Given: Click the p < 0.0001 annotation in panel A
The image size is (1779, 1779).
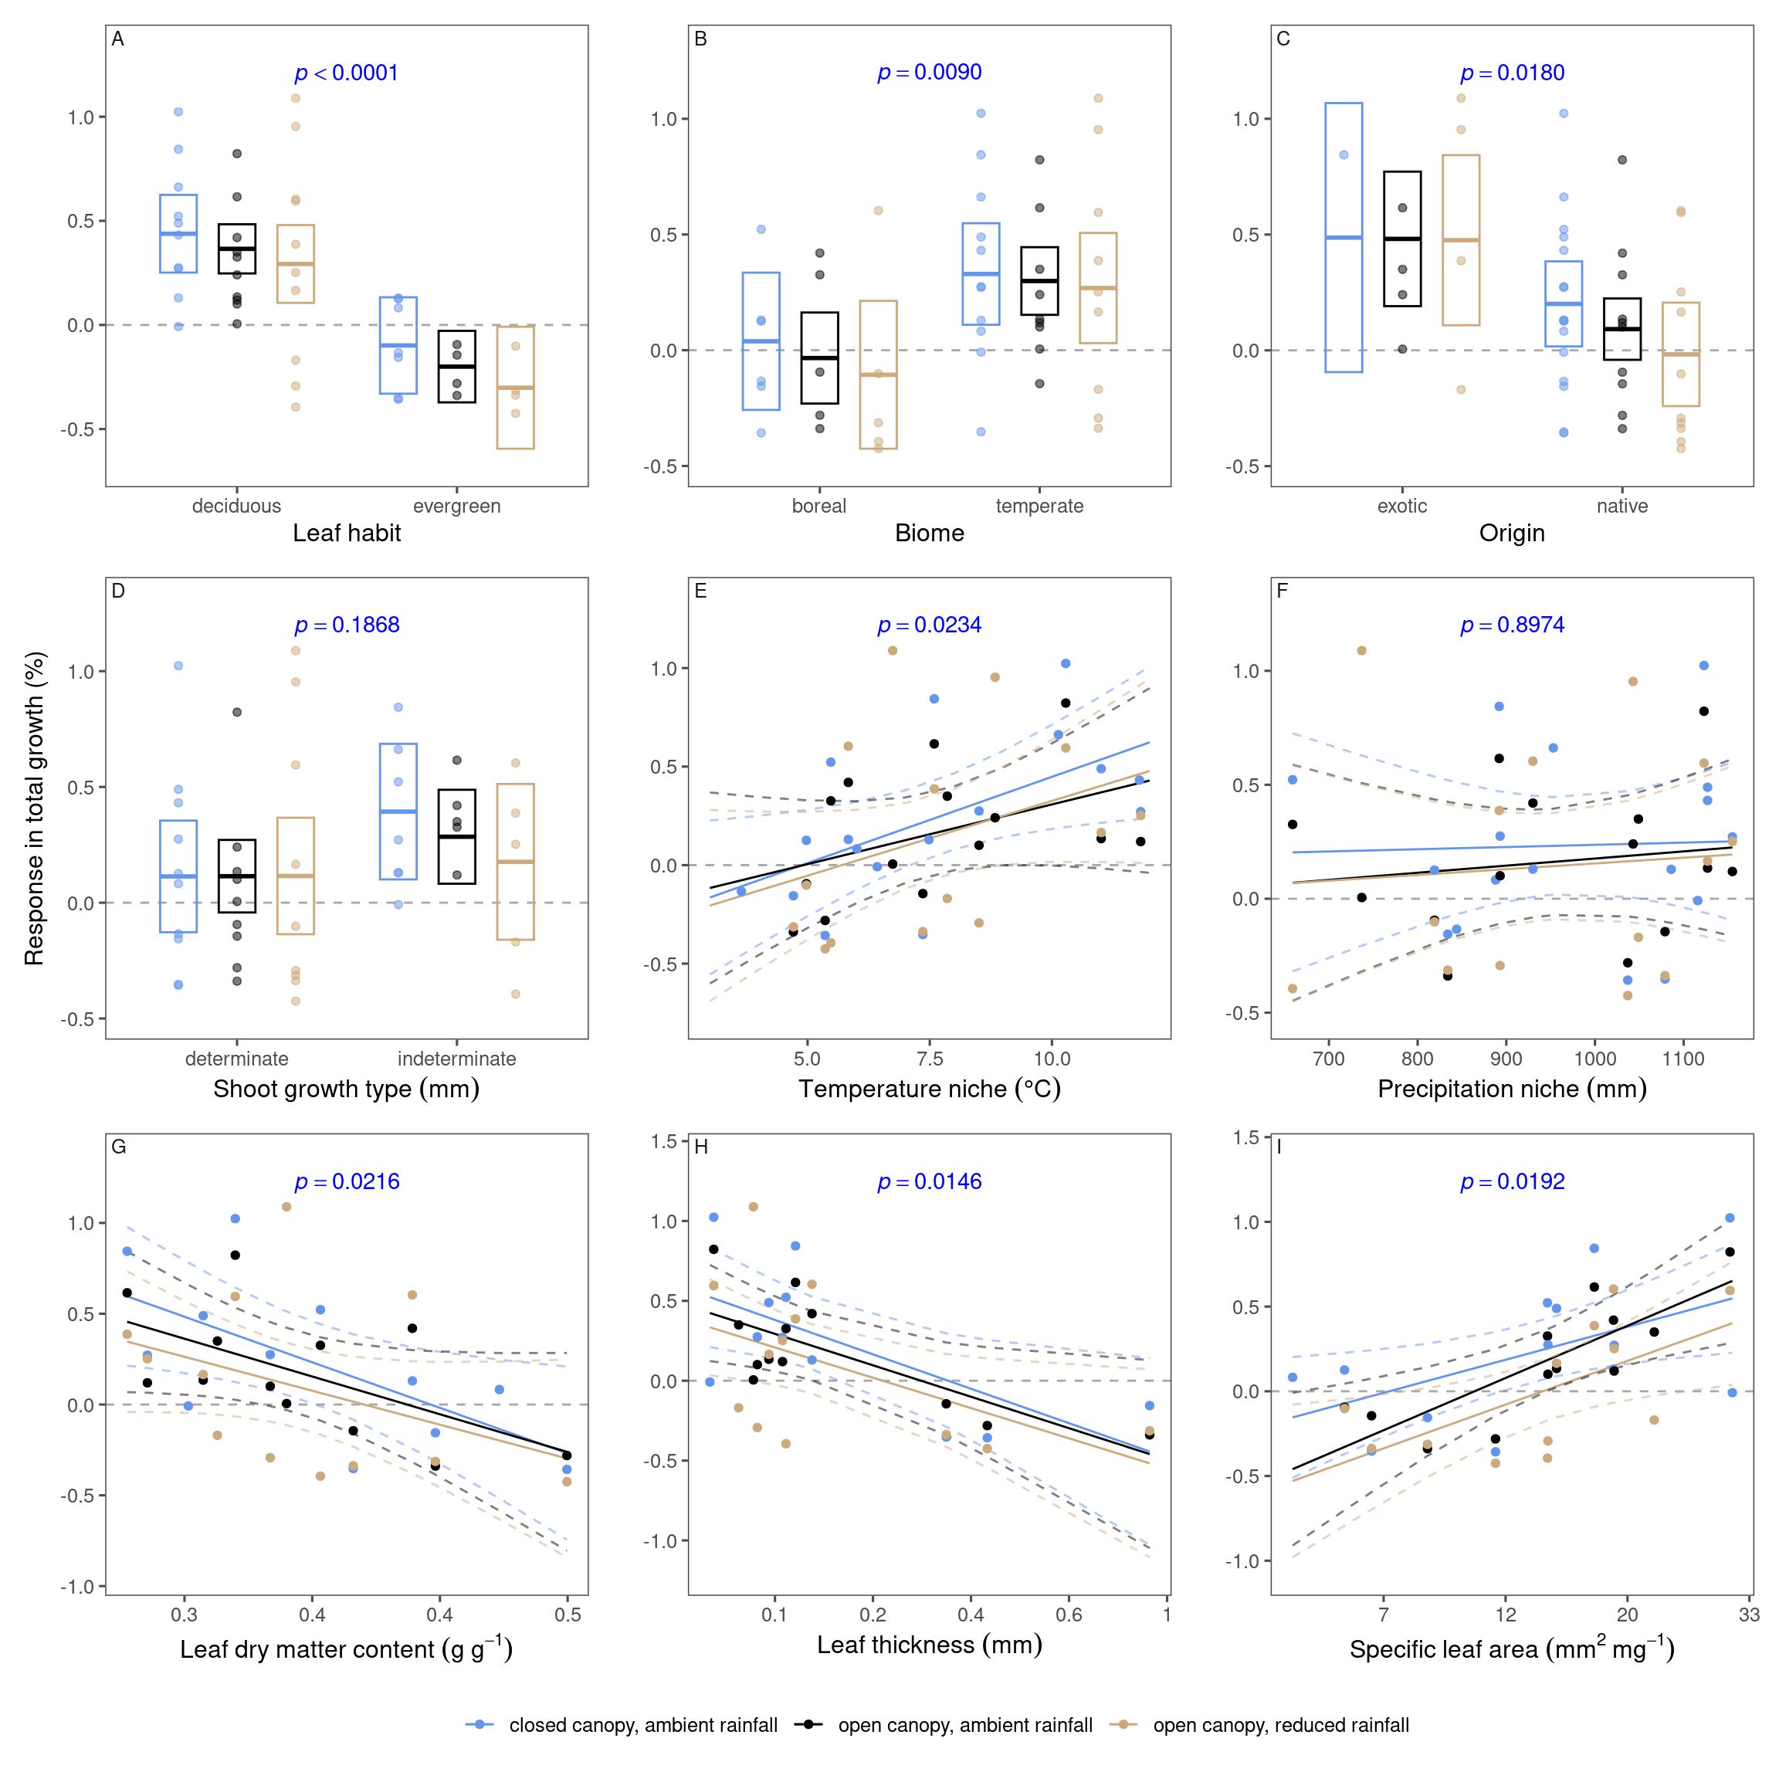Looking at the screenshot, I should pos(346,73).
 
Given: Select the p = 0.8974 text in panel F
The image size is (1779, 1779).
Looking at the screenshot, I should pos(1512,625).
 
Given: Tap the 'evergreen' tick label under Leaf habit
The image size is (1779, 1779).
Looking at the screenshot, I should pos(457,506).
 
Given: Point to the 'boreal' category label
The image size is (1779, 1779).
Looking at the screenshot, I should pos(818,506).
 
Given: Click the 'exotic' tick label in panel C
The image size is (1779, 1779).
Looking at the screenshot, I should pos(1401,506).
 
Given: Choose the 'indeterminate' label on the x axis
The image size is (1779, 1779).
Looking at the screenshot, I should pos(457,1058).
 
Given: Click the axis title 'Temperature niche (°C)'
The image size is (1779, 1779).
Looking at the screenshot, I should pos(929,1089).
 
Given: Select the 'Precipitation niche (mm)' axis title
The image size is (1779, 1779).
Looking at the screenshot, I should pos(1512,1089).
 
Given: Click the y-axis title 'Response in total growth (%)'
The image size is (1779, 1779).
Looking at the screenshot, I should pos(34,808).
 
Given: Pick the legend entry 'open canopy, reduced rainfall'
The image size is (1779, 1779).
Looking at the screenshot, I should pos(1280,1725).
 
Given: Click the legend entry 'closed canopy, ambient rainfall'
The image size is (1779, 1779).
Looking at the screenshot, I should pos(642,1725).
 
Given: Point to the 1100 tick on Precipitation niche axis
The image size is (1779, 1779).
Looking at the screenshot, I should pos(1683,1058).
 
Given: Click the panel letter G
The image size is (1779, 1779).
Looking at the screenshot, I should pos(118,1147).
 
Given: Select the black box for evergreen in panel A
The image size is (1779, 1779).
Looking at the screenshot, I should pos(457,367).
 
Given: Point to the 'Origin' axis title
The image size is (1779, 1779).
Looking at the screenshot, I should pos(1512,533).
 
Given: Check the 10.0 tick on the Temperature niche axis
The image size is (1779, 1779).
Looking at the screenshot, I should pos(1052,1058).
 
